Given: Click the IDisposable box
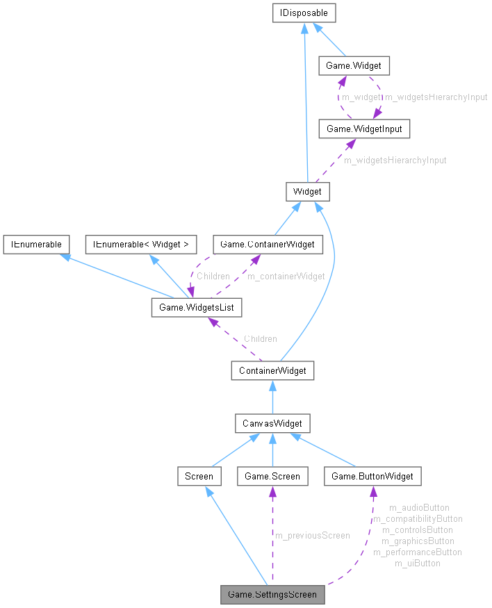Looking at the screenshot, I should pyautogui.click(x=305, y=13).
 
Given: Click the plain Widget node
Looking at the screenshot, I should pyautogui.click(x=307, y=191).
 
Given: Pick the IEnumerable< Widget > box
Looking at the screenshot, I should pyautogui.click(x=141, y=244).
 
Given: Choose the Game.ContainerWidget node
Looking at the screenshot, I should pyautogui.click(x=268, y=244).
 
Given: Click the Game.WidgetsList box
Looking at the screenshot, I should pyautogui.click(x=197, y=307).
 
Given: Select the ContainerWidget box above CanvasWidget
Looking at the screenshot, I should pyautogui.click(x=272, y=370).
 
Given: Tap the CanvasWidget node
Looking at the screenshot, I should pyautogui.click(x=272, y=422).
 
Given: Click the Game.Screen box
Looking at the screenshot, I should pyautogui.click(x=272, y=476).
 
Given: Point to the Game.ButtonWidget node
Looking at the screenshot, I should pyautogui.click(x=372, y=476).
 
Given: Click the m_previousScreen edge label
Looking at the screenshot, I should pyautogui.click(x=313, y=535).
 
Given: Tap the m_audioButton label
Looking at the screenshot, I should pyautogui.click(x=419, y=507).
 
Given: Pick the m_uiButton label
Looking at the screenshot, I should pyautogui.click(x=418, y=563).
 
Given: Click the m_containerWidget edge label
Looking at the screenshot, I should pyautogui.click(x=286, y=276).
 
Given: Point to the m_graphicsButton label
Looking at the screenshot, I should pyautogui.click(x=418, y=541).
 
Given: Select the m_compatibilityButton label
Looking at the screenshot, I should pyautogui.click(x=418, y=518).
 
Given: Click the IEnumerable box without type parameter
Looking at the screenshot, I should pyautogui.click(x=35, y=244).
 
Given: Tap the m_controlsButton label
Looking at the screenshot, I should pyautogui.click(x=418, y=529).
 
